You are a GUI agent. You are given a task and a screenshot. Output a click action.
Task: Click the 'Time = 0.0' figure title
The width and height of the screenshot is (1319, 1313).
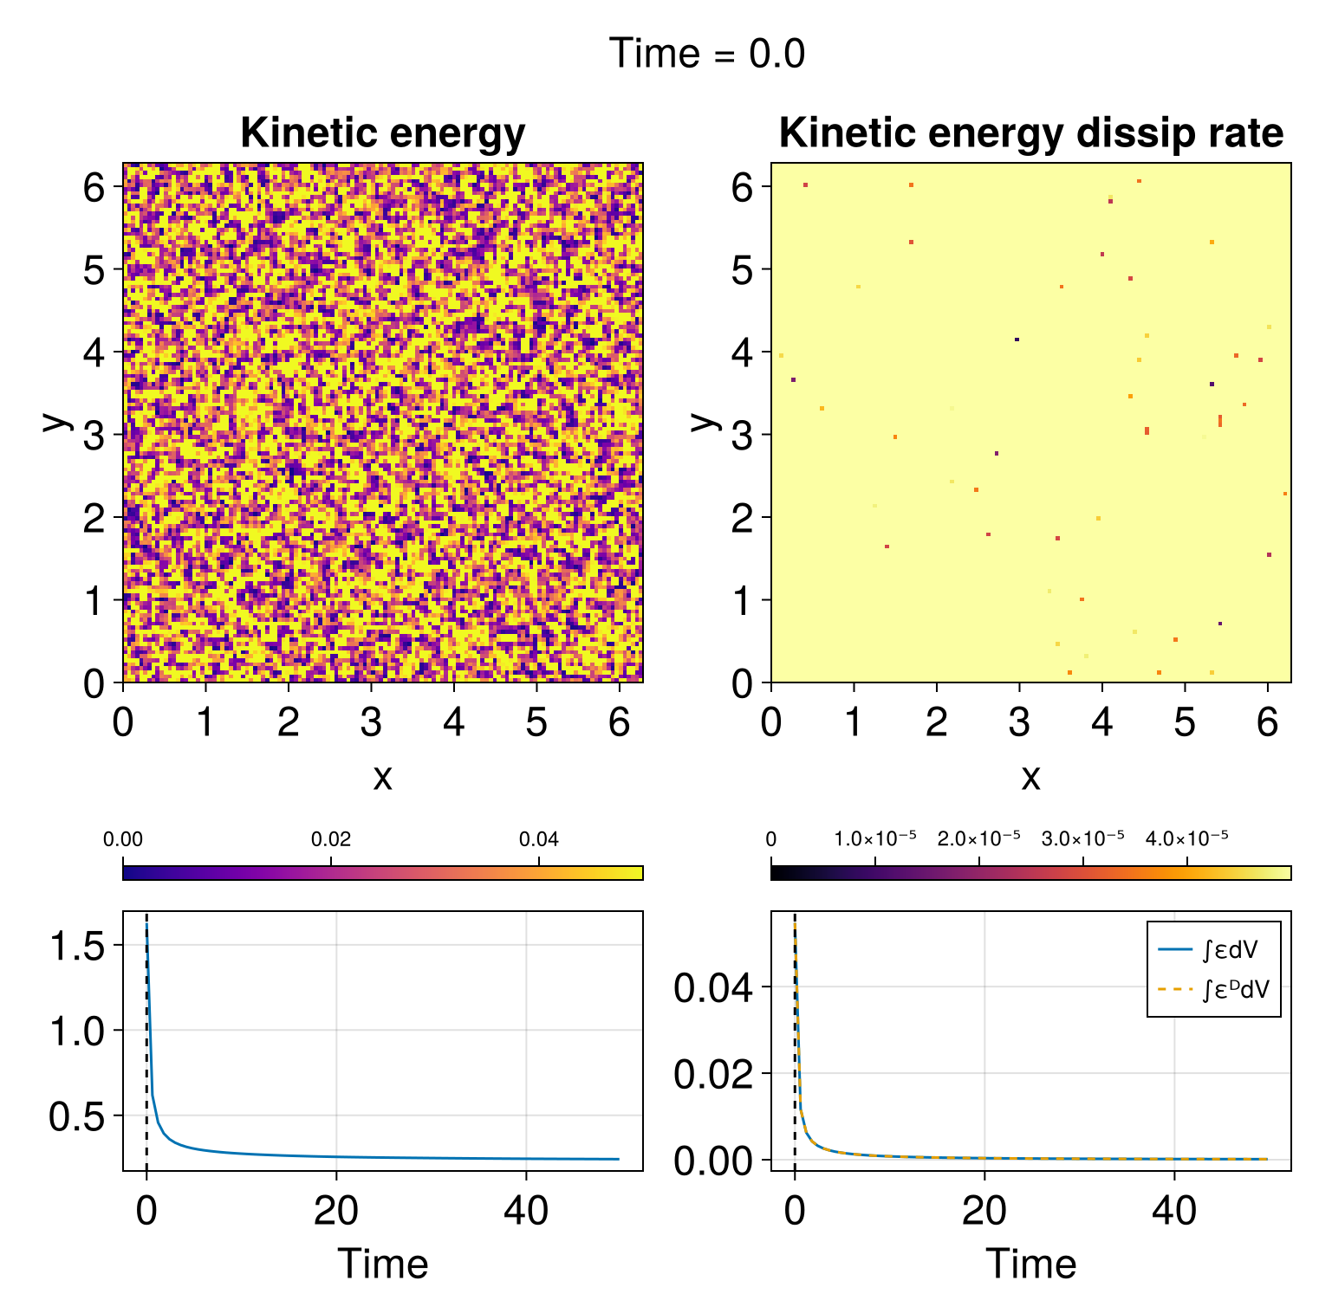[x=707, y=54]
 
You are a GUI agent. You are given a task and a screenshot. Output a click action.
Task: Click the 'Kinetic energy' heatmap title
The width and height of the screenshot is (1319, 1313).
[x=382, y=133]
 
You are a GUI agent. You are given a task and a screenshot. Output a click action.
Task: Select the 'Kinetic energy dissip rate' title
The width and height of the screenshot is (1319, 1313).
[x=1030, y=133]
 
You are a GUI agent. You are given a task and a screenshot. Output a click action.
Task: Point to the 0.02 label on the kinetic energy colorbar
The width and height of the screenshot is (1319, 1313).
[x=331, y=839]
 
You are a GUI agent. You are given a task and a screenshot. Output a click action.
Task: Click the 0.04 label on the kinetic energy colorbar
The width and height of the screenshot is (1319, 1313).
[x=539, y=839]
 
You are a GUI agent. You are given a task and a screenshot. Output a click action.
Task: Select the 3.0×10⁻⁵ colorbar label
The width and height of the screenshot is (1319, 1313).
[x=1082, y=838]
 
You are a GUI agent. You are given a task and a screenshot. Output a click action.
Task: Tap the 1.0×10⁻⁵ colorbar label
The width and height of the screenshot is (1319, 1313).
[x=874, y=838]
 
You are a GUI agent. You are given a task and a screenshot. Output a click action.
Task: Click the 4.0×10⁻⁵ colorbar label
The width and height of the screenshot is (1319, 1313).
[x=1186, y=838]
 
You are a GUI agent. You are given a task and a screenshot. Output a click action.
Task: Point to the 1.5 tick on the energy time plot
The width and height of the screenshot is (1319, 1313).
[x=77, y=945]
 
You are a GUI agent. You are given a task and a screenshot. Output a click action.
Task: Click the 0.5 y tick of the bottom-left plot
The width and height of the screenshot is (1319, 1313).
[x=77, y=1117]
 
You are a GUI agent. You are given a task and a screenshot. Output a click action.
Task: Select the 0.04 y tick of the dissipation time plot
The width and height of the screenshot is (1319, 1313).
[x=712, y=988]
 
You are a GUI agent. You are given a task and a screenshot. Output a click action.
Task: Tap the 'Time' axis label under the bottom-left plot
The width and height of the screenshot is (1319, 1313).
[x=382, y=1264]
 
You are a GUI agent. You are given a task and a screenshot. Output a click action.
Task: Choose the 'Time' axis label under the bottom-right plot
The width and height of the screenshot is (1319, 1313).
[x=1030, y=1264]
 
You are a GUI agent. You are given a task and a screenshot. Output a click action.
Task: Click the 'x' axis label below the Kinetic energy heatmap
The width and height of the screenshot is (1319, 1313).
[x=382, y=778]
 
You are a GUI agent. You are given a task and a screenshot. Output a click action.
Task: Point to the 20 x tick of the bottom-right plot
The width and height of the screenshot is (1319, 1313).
[x=984, y=1210]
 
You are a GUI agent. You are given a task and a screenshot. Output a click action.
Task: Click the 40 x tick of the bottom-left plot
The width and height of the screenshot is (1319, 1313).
[x=525, y=1210]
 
